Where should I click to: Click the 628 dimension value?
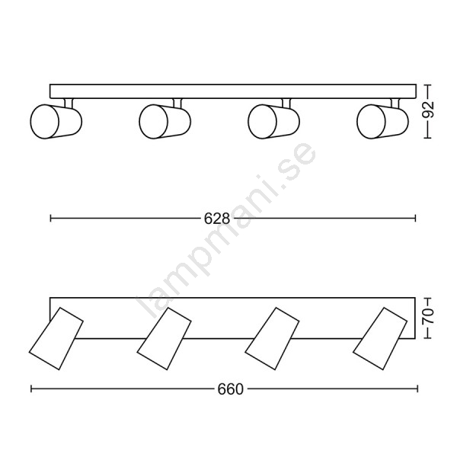click(217, 219)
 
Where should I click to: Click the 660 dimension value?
click(230, 389)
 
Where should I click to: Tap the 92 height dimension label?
click(428, 110)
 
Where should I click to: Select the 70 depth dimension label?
click(428, 316)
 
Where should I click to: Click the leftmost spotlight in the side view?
click(56, 121)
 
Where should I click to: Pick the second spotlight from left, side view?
click(165, 121)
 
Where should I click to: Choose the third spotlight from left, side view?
click(273, 121)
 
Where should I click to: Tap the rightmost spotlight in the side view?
click(382, 121)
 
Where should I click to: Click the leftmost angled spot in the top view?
click(56, 339)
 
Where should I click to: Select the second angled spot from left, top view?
click(164, 339)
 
